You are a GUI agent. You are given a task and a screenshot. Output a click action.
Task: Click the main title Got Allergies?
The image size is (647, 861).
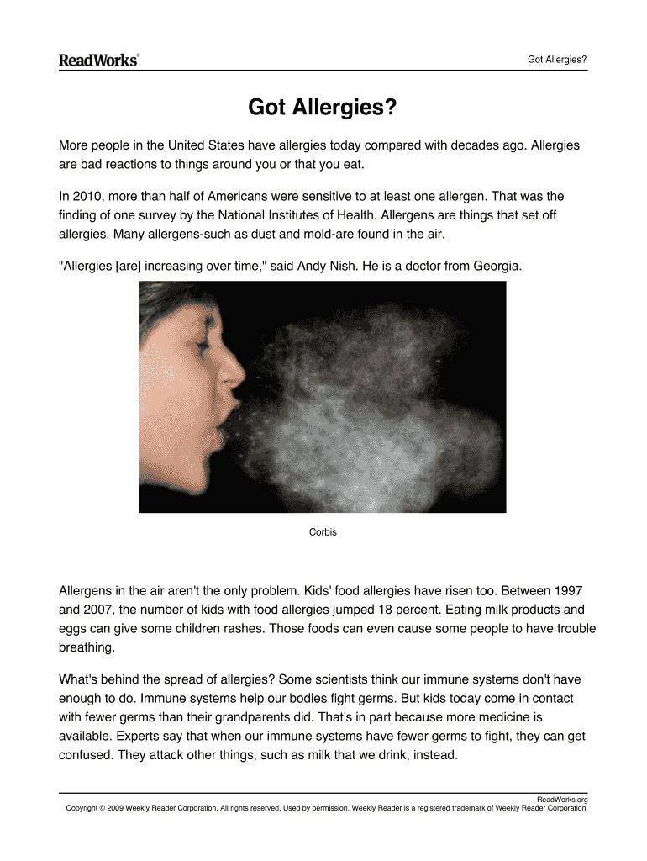tap(323, 108)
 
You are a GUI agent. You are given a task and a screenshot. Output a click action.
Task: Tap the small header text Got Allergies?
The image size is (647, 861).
tap(556, 59)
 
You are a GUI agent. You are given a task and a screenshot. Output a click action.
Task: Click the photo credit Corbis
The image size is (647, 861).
tap(323, 532)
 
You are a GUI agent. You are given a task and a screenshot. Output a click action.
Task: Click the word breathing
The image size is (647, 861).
tap(86, 647)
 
